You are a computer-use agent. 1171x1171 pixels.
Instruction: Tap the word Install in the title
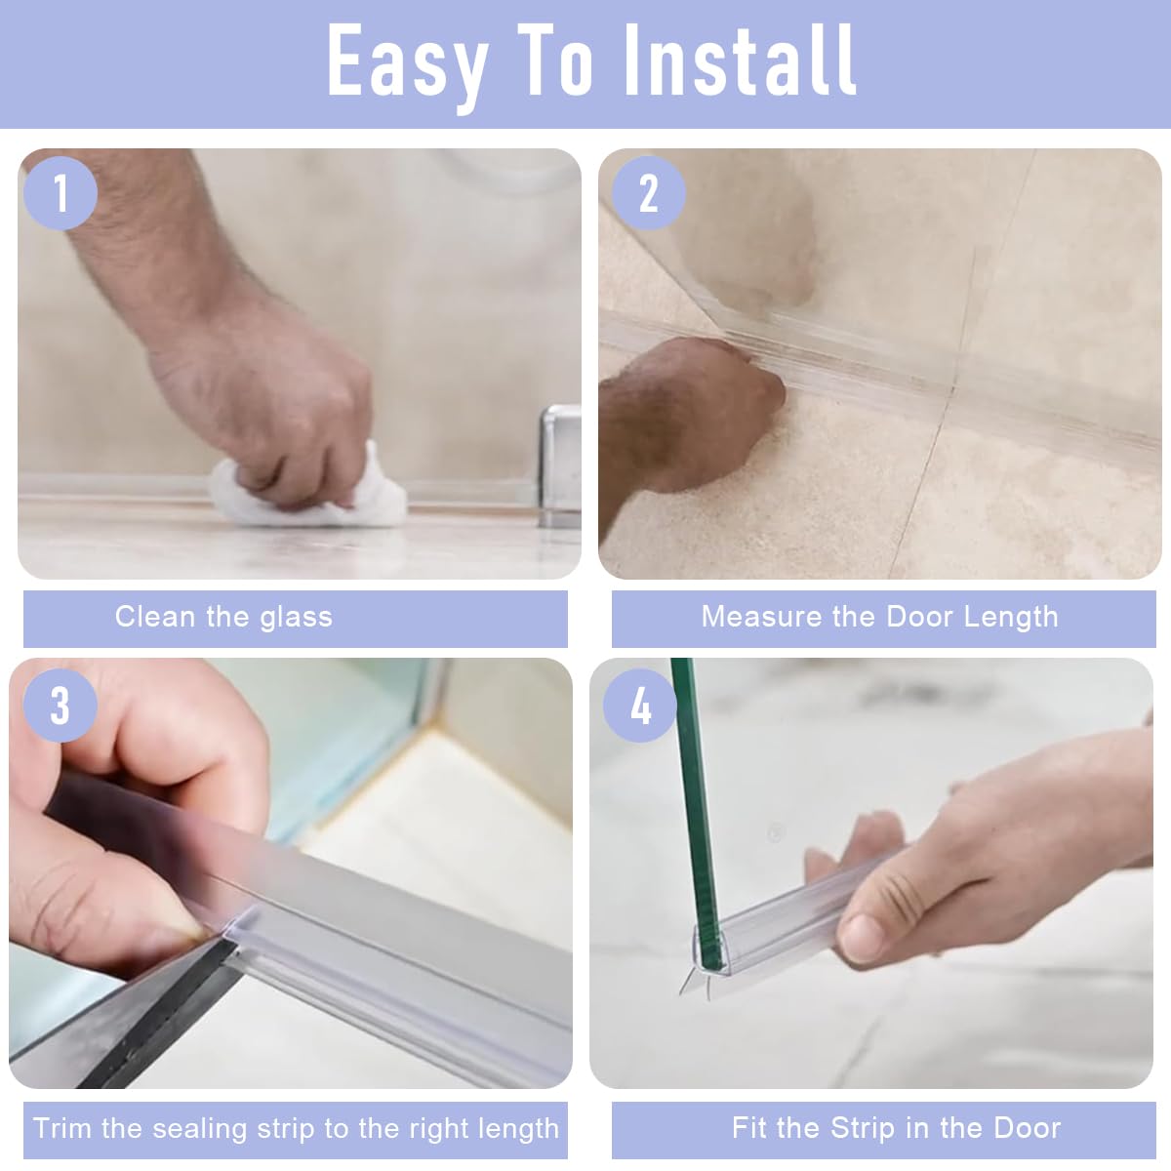point(741,60)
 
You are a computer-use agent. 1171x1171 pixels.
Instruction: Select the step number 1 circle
point(61,193)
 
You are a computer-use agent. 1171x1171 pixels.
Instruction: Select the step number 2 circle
point(648,193)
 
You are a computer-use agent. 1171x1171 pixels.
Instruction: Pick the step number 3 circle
point(61,706)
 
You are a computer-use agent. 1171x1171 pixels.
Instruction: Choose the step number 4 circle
point(640,706)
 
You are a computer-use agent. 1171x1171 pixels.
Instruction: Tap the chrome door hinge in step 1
point(560,465)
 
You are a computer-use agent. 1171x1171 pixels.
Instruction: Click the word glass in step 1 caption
point(297,618)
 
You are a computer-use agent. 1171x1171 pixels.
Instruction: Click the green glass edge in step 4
point(697,814)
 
